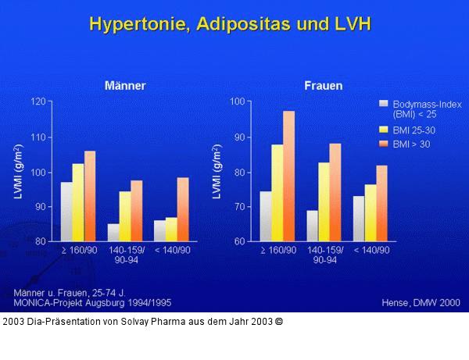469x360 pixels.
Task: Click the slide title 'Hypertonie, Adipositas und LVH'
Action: pyautogui.click(x=230, y=23)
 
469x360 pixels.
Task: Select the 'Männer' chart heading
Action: pyautogui.click(x=125, y=85)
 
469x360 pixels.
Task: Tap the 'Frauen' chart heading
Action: pyautogui.click(x=323, y=85)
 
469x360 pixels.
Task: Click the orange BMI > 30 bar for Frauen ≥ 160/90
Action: pyautogui.click(x=289, y=176)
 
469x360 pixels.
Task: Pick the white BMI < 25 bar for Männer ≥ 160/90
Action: pyautogui.click(x=66, y=212)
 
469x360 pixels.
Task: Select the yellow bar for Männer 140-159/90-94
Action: pyautogui.click(x=124, y=216)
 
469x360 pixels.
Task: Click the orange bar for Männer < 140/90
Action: pyautogui.click(x=183, y=209)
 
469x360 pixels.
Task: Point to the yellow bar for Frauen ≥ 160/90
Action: pyautogui.click(x=277, y=193)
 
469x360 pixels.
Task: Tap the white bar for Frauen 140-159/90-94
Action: pyautogui.click(x=313, y=226)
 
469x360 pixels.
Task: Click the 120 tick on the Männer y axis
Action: pyautogui.click(x=38, y=102)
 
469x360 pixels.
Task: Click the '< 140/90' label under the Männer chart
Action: pyautogui.click(x=172, y=250)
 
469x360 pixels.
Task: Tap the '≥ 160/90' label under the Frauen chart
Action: pyautogui.click(x=278, y=250)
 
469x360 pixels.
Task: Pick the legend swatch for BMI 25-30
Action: pyautogui.click(x=384, y=129)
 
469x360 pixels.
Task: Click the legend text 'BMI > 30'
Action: pyautogui.click(x=411, y=144)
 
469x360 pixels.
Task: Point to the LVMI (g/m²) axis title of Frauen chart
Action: pyautogui.click(x=219, y=172)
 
